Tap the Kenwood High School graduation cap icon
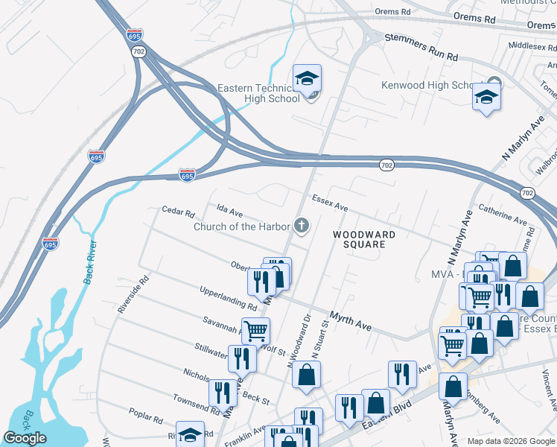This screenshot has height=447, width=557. (x=486, y=97)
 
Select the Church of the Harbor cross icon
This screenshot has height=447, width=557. (x=302, y=225)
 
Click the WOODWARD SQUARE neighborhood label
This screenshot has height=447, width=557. (x=364, y=238)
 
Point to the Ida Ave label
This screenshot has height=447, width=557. (x=229, y=212)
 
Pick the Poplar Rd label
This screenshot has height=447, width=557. (x=145, y=416)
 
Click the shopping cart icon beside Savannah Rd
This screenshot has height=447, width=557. (x=255, y=329)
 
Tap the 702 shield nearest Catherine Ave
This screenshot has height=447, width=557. (x=527, y=193)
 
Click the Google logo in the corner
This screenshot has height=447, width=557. (x=25, y=438)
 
